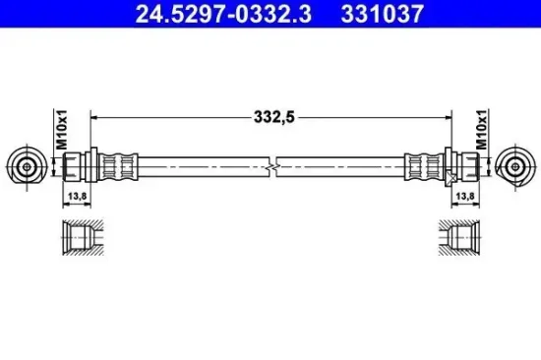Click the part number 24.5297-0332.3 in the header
pyautogui.click(x=223, y=14)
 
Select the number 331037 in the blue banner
pyautogui.click(x=383, y=14)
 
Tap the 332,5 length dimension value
pyautogui.click(x=274, y=117)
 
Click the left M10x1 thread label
pyautogui.click(x=61, y=130)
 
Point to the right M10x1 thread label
pyautogui.click(x=482, y=130)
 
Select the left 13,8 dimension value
pyautogui.click(x=77, y=196)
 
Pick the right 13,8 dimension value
pyautogui.click(x=465, y=196)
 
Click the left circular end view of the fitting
pyautogui.click(x=28, y=167)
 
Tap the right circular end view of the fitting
pyautogui.click(x=515, y=167)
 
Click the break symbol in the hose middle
pyautogui.click(x=272, y=167)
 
